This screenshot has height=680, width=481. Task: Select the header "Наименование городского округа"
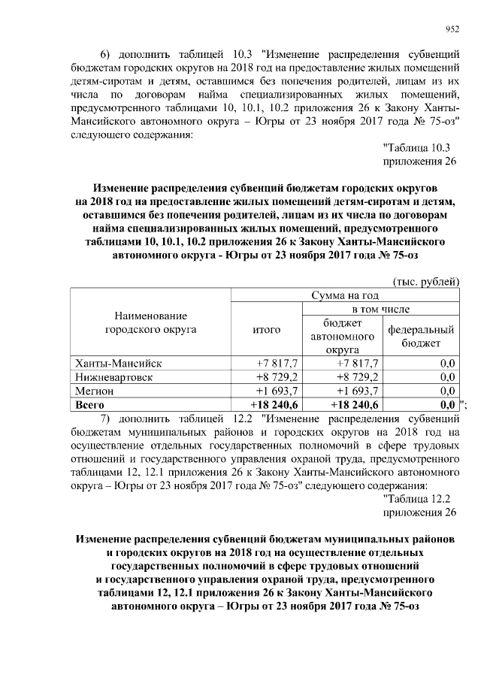[150, 322]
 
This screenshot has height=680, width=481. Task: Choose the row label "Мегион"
[94, 391]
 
